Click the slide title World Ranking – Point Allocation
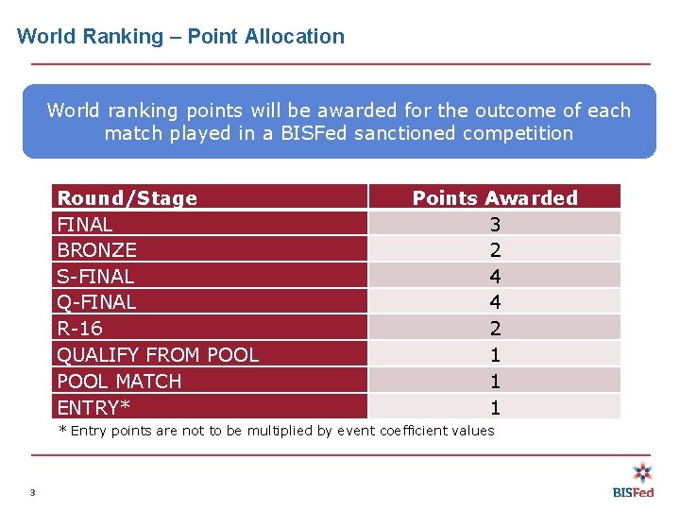(x=180, y=37)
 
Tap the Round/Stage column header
(x=127, y=198)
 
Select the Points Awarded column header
(x=495, y=198)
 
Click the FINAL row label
(x=85, y=225)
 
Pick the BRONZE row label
(x=97, y=250)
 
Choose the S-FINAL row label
(x=95, y=277)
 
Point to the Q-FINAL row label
(x=96, y=302)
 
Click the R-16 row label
(x=80, y=329)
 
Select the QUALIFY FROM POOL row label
(x=158, y=355)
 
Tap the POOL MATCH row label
(x=119, y=382)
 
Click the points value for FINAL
(x=495, y=225)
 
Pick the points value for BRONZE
(x=495, y=250)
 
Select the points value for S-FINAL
(x=495, y=277)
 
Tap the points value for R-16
(x=495, y=329)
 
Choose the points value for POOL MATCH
(x=495, y=382)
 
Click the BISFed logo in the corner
(x=634, y=480)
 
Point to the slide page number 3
(x=32, y=492)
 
